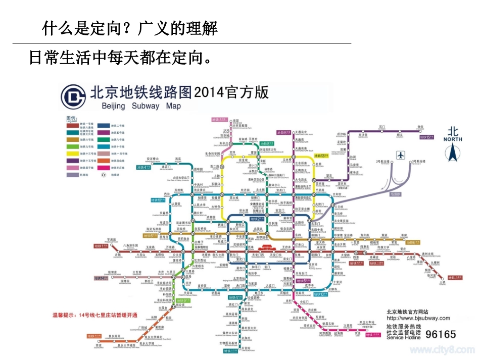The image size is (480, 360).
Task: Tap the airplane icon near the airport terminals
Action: tap(401, 155)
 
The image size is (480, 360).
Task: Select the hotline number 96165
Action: tap(441, 334)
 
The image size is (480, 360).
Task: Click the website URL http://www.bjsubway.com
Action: tap(418, 318)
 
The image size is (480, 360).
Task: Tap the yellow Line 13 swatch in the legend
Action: tap(75, 152)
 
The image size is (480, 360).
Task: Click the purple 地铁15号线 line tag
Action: tap(426, 137)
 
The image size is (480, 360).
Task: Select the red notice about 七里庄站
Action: tap(95, 315)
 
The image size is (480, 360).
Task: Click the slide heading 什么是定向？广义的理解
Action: tap(130, 29)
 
